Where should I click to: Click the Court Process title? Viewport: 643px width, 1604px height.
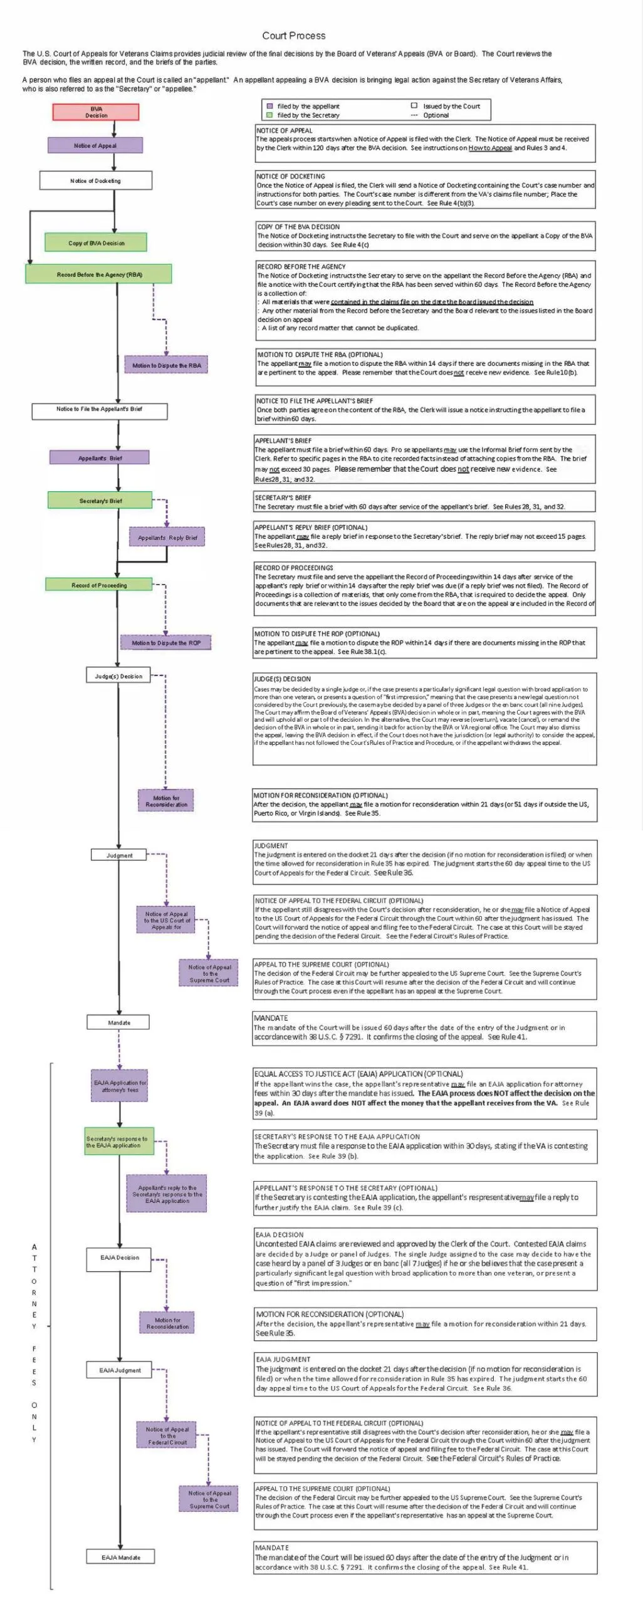(x=293, y=36)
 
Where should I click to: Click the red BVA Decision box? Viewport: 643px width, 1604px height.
(x=96, y=112)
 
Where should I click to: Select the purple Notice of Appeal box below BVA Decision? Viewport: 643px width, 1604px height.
(x=95, y=145)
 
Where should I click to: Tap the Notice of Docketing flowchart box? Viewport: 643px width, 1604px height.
(x=95, y=180)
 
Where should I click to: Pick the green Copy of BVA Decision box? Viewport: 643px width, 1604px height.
(x=96, y=242)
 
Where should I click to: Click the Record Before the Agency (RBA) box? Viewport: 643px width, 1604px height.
(x=98, y=274)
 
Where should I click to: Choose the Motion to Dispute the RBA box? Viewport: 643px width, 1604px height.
(x=166, y=365)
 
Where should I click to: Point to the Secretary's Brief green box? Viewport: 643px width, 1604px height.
(x=100, y=501)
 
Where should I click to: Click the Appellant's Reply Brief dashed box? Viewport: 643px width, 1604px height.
(x=167, y=538)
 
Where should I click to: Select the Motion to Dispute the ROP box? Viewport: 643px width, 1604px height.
(x=165, y=643)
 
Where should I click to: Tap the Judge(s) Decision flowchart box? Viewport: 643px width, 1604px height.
(x=118, y=676)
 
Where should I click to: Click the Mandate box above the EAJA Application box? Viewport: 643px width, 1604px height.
(x=119, y=1023)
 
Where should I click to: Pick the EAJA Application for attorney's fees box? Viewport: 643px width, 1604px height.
(x=120, y=1086)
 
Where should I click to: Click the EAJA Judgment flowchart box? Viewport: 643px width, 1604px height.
(x=120, y=1370)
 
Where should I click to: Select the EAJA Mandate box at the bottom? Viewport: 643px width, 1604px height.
(x=120, y=1557)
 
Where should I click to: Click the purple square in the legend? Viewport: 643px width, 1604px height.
(x=269, y=107)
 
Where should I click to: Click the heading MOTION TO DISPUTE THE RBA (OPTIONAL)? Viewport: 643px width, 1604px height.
(x=320, y=355)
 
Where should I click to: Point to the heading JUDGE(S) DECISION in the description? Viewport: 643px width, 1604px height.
(x=282, y=679)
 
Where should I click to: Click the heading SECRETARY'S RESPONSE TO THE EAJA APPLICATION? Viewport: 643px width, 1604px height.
(x=337, y=1137)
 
